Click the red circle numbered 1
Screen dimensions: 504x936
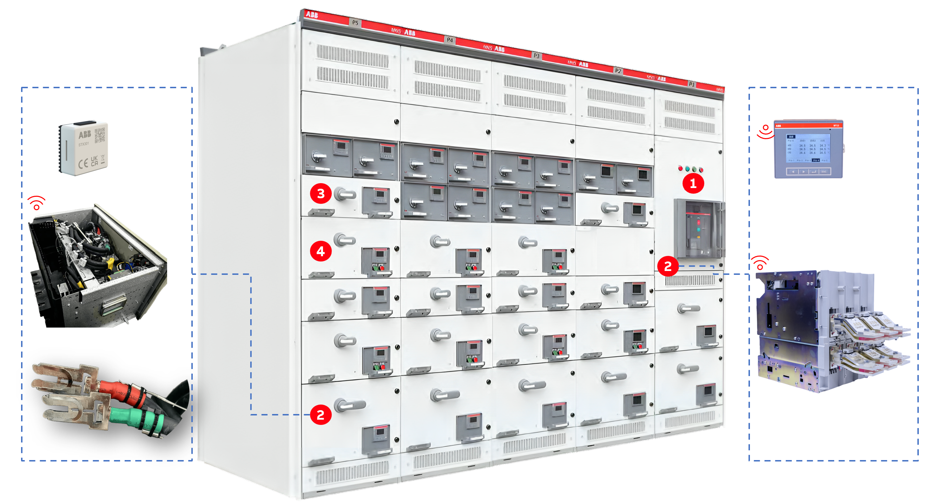(x=693, y=183)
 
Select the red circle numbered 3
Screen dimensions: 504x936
(x=321, y=193)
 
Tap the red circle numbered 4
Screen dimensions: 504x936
(x=321, y=251)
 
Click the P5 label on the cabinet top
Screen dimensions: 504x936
(x=355, y=22)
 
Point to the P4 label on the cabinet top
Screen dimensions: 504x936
(x=450, y=40)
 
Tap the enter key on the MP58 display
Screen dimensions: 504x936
(x=814, y=172)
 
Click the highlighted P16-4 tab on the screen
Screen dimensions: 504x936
(x=816, y=160)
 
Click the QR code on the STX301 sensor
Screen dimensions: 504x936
(x=100, y=135)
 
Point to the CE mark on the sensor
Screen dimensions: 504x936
(x=83, y=163)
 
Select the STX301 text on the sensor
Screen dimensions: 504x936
(x=84, y=144)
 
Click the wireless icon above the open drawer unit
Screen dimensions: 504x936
(x=37, y=202)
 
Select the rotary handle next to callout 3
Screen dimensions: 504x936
(x=344, y=194)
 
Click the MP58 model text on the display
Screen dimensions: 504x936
(x=836, y=126)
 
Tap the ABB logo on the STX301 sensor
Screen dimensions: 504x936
(x=85, y=135)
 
